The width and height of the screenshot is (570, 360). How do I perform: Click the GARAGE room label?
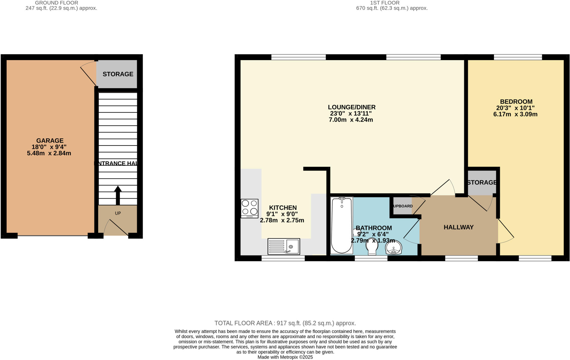[x=50, y=140]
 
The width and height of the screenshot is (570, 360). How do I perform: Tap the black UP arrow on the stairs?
[x=118, y=195]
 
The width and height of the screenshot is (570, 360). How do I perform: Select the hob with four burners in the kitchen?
[x=249, y=208]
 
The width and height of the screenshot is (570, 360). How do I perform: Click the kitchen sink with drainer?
[x=284, y=246]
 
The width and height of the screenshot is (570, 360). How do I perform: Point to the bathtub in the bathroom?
[x=341, y=226]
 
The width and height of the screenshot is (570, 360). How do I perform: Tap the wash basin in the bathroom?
[x=394, y=247]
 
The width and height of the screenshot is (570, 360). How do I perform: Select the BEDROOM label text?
[x=516, y=102]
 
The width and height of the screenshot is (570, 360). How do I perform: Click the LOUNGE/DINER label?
[x=352, y=107]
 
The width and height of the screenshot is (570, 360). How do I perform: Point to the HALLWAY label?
[x=458, y=227]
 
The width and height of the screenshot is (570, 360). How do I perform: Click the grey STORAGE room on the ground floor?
[x=117, y=74]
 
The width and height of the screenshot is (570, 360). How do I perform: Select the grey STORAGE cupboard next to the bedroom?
[x=481, y=183]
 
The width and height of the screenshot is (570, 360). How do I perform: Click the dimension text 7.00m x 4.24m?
[x=351, y=120]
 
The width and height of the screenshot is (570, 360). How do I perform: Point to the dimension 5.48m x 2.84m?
[x=49, y=153]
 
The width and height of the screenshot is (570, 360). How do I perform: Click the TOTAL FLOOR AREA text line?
[x=285, y=323]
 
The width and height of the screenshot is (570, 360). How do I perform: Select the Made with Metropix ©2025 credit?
[x=285, y=357]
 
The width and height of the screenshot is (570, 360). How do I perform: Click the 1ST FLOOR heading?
[x=385, y=3]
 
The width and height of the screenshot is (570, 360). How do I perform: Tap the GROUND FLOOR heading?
[x=56, y=3]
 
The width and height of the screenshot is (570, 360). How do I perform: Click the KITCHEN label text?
[x=283, y=208]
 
